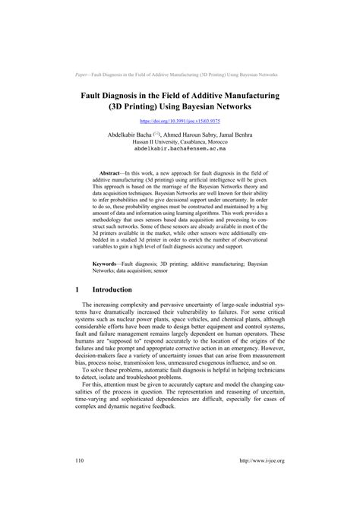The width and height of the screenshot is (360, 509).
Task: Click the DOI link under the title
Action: pyautogui.click(x=179, y=120)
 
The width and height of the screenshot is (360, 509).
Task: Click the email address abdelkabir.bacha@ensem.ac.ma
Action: pyautogui.click(x=179, y=149)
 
